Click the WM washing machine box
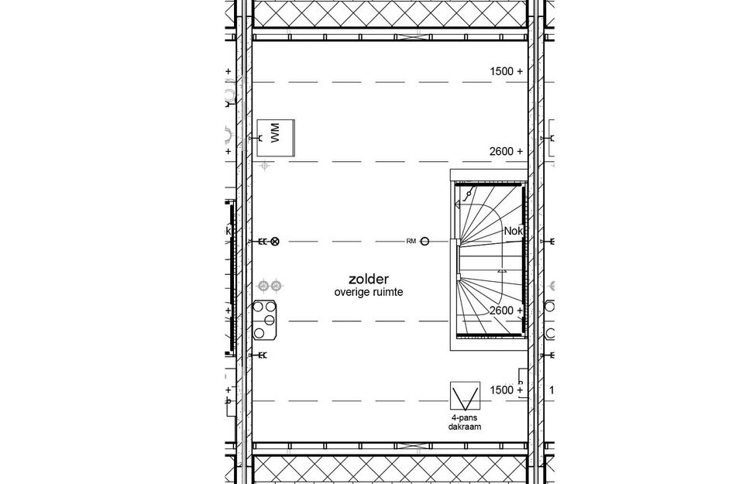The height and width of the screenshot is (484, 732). pos(277,138)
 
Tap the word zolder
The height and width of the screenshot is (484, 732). pos(368,279)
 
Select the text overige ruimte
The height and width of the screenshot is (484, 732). pos(368,293)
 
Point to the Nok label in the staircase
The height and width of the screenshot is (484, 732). pos(513,231)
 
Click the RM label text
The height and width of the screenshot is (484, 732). pos(411,242)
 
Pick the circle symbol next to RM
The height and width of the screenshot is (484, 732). pos(425,242)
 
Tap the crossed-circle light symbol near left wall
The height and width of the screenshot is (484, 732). pos(274,242)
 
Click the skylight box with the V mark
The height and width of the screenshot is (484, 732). pos(463,397)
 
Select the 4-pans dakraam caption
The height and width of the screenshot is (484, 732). pos(463,422)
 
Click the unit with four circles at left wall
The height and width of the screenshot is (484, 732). pos(267,320)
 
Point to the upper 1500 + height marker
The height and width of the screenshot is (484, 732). pos(506,71)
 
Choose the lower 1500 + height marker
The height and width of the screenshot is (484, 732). pos(506,390)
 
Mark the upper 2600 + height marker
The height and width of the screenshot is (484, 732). pos(506,152)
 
